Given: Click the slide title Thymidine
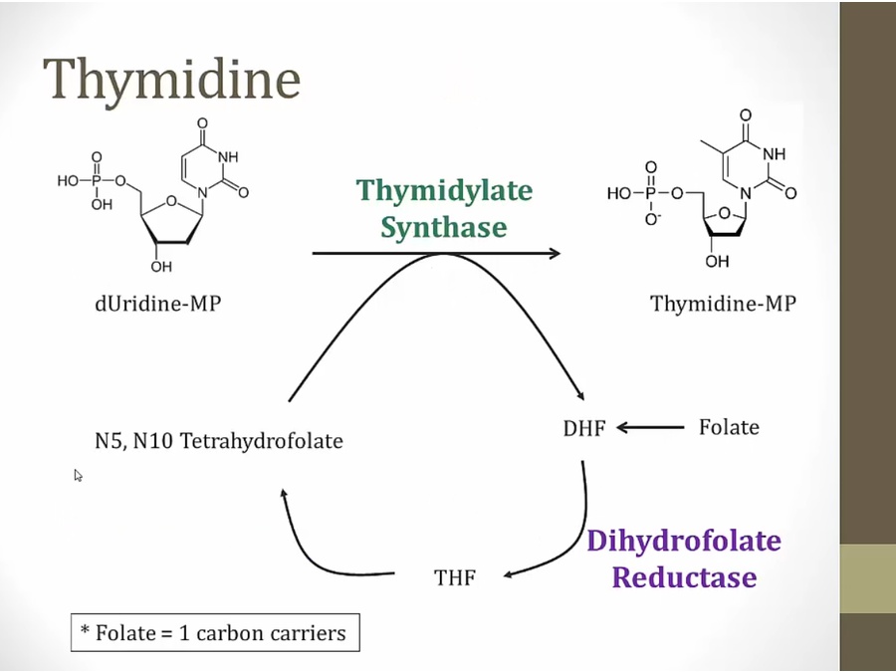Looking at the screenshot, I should click(x=171, y=80).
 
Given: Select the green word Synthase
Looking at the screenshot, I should click(x=444, y=228).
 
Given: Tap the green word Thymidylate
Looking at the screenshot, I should click(x=444, y=190).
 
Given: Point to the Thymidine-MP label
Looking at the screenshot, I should click(x=724, y=304).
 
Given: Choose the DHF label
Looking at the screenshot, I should click(x=584, y=429).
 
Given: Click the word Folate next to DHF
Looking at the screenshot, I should click(x=728, y=427).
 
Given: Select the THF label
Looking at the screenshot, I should click(x=454, y=577).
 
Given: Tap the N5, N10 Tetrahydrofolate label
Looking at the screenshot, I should click(x=219, y=440).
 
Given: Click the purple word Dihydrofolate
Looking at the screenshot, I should click(x=683, y=542).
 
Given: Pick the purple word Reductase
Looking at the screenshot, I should click(x=684, y=577).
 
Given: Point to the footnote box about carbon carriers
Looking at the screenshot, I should click(x=215, y=632).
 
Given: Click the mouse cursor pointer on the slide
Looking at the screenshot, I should click(x=78, y=476).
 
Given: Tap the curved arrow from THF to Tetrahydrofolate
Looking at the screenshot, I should click(x=309, y=548).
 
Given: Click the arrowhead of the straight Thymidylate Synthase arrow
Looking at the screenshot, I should click(x=554, y=253).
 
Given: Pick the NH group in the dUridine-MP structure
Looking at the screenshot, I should click(x=228, y=157).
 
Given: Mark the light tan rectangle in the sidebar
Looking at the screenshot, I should click(x=867, y=578).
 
